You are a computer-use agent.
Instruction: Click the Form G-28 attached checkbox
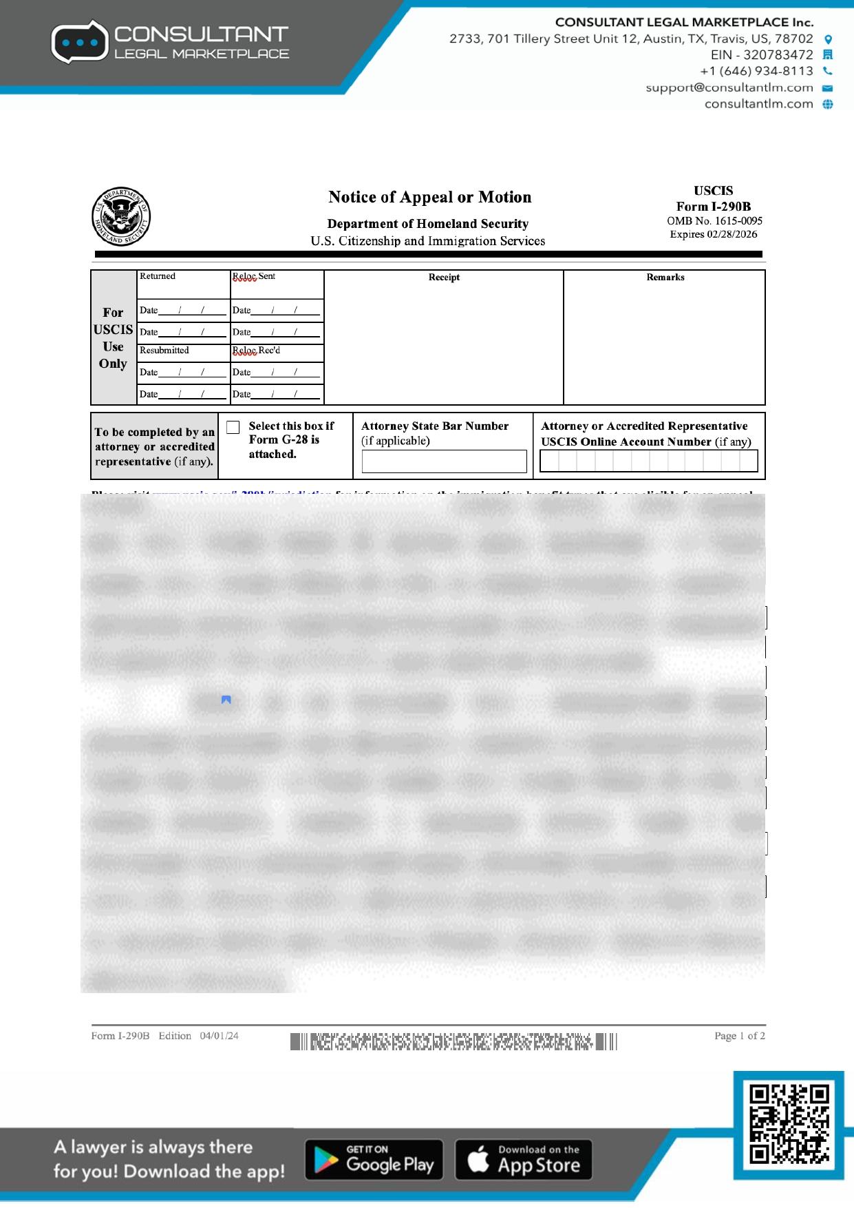(x=233, y=427)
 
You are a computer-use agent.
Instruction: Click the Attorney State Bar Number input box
(x=444, y=461)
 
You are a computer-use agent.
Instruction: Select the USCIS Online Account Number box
(x=648, y=461)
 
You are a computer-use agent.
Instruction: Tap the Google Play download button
(x=374, y=1160)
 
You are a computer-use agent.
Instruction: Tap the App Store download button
(x=524, y=1160)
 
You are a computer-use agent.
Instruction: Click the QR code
(x=789, y=1124)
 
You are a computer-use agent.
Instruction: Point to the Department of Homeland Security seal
(x=121, y=216)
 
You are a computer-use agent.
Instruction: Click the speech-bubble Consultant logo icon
(x=80, y=42)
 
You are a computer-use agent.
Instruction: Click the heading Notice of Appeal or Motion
(x=429, y=197)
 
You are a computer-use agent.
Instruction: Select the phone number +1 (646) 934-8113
(x=756, y=71)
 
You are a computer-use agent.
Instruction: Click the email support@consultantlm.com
(x=729, y=87)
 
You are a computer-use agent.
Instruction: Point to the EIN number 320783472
(x=778, y=55)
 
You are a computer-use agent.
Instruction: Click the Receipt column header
(x=444, y=278)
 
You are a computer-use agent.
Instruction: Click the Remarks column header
(x=665, y=278)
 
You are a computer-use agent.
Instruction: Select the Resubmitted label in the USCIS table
(x=164, y=351)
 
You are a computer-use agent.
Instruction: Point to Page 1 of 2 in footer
(x=739, y=1036)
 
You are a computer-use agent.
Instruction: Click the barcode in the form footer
(x=453, y=1041)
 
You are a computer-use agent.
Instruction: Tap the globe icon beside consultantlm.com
(x=828, y=104)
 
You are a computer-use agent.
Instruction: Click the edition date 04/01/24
(x=219, y=1036)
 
